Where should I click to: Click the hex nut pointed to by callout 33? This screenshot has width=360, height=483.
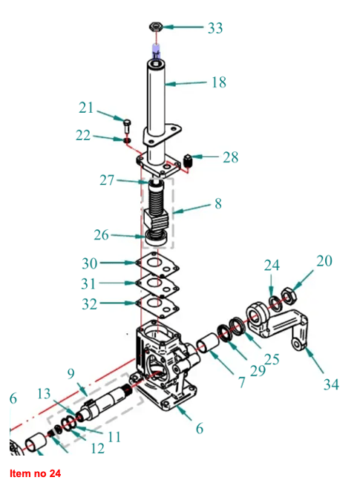pos(157,26)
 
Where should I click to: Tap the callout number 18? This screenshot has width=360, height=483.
pos(219,82)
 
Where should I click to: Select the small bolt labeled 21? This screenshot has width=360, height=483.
pos(127,125)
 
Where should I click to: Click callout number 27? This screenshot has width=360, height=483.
pos(107,180)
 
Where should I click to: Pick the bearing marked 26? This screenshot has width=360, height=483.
pos(157,238)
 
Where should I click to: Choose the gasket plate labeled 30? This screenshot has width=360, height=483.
pos(157,263)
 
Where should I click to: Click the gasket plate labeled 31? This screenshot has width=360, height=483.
pos(157,284)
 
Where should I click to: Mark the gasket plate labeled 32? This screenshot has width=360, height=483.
pos(157,304)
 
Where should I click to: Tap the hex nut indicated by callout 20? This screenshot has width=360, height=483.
pos(289,295)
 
